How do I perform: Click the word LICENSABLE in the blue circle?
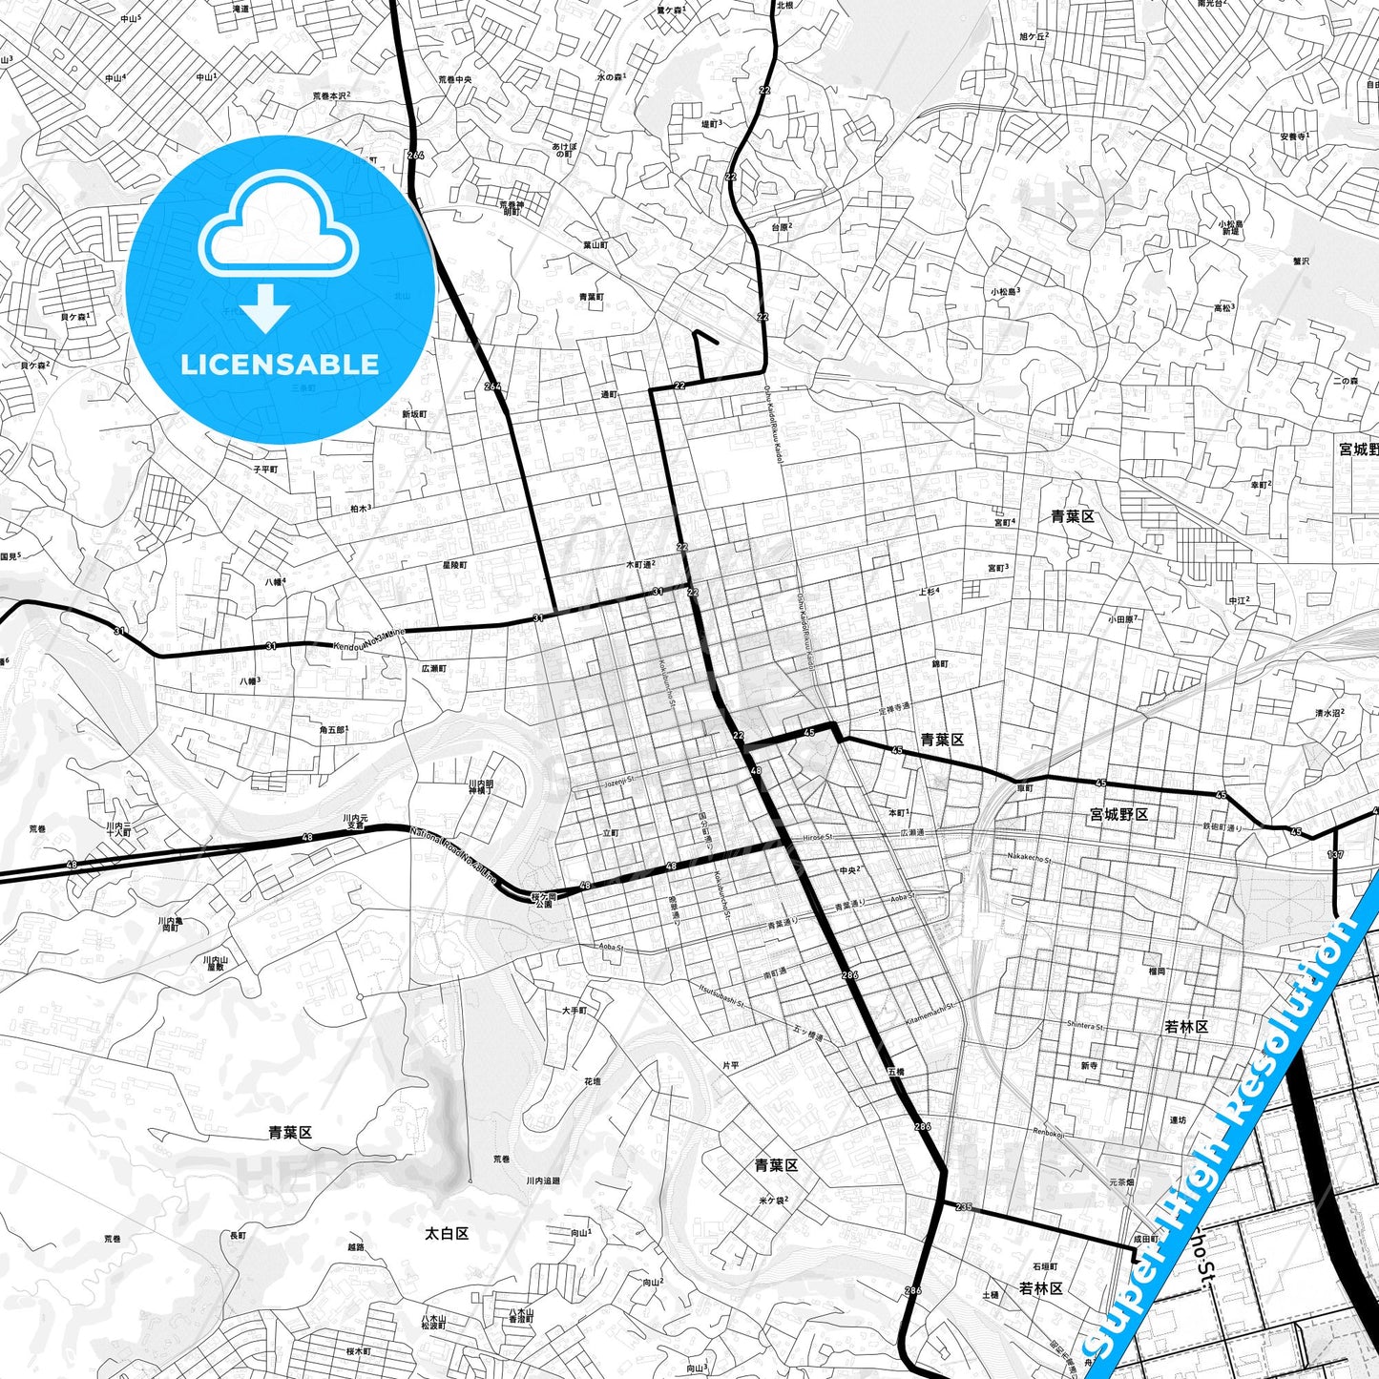pos(280,364)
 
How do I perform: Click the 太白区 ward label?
pos(447,1233)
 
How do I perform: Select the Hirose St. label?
pos(818,836)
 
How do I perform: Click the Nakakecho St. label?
pos(1029,859)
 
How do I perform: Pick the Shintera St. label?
pos(1085,1026)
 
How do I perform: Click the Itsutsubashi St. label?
pos(721,996)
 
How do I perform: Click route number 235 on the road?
pos(963,1207)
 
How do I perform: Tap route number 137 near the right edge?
pos(1335,854)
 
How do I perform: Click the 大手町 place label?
pos(575,1010)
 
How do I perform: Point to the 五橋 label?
pos(895,1072)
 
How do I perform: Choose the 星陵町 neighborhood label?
pos(454,565)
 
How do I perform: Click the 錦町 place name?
pos(940,663)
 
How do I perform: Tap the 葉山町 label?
pos(595,245)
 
